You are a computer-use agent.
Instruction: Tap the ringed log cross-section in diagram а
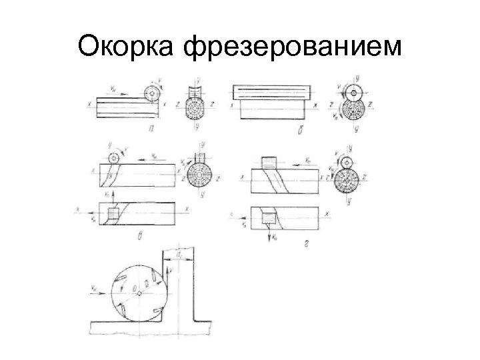pyautogui.click(x=196, y=109)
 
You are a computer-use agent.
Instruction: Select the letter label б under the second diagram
pyautogui.click(x=288, y=131)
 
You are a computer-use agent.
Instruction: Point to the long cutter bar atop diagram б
pyautogui.click(x=270, y=92)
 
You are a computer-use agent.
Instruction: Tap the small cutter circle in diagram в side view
pyautogui.click(x=113, y=159)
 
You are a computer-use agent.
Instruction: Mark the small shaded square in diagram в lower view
pyautogui.click(x=113, y=213)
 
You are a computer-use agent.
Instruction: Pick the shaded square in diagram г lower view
pyautogui.click(x=270, y=216)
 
